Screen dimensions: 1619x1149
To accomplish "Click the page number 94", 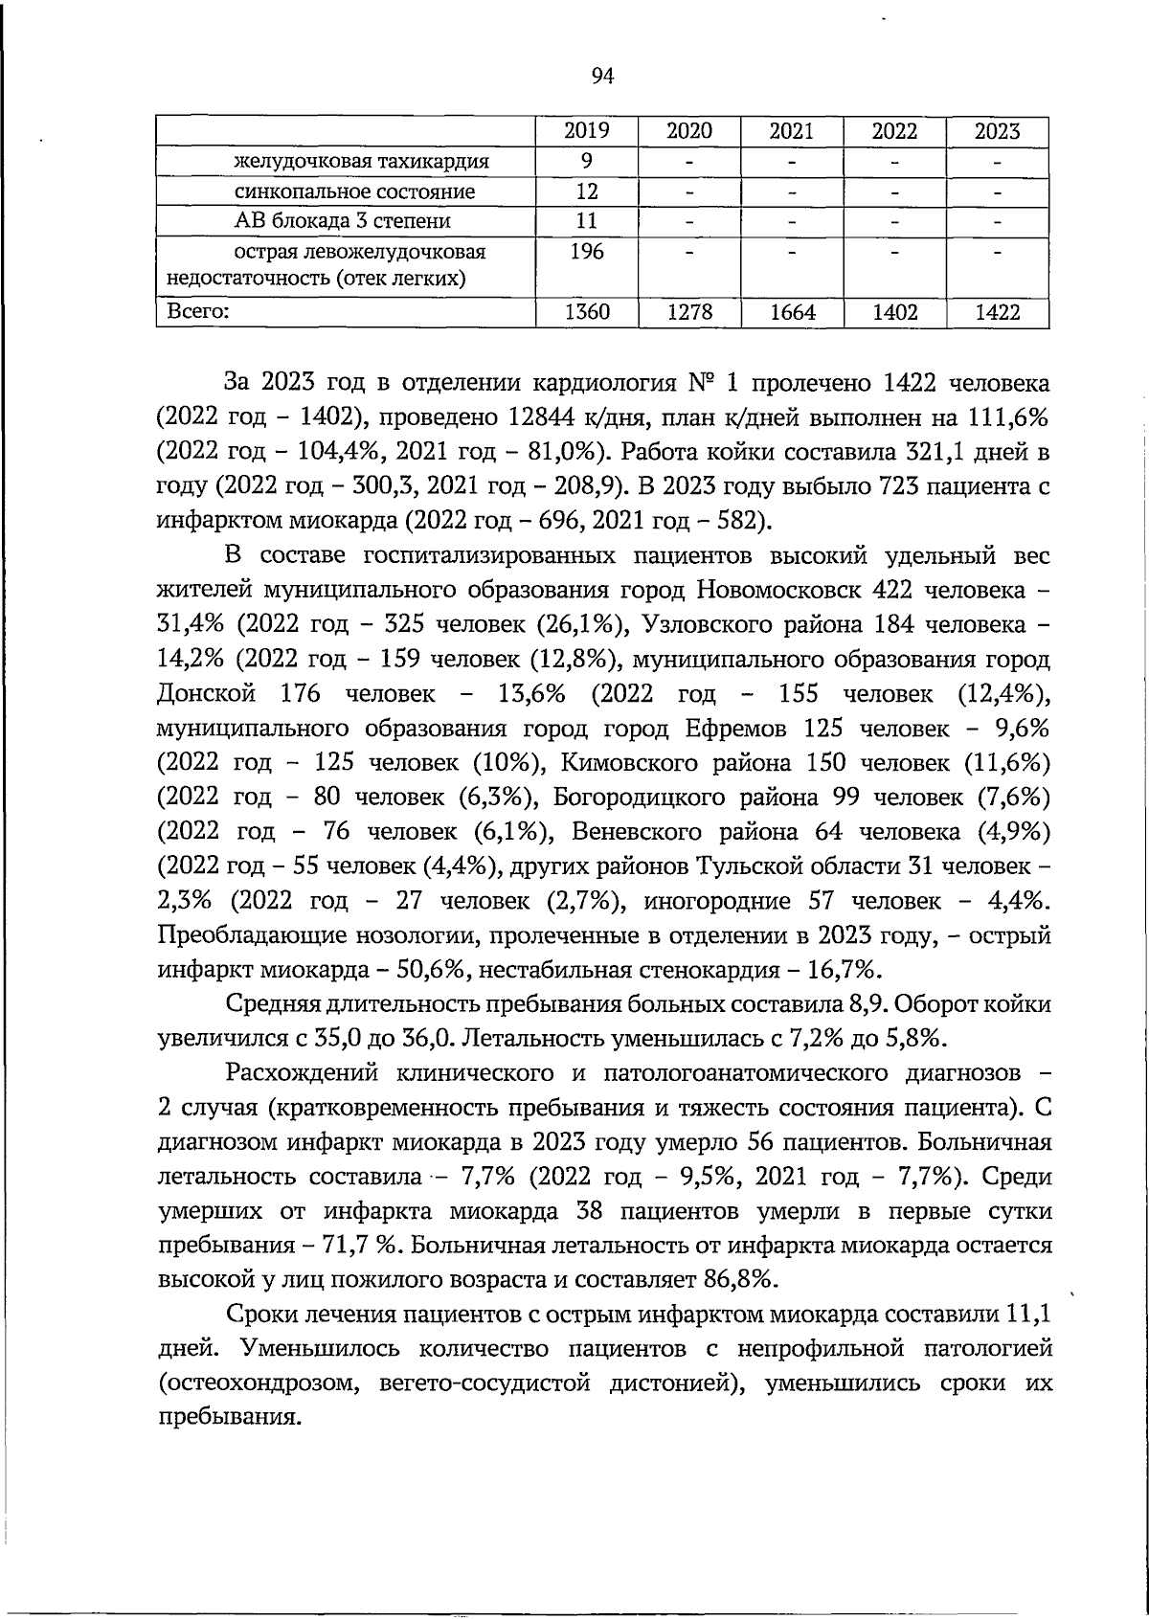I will tap(602, 78).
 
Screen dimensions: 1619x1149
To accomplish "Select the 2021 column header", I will tap(791, 132).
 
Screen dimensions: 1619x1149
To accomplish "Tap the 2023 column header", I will tap(997, 132).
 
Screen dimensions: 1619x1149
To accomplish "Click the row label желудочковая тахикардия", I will tap(362, 162).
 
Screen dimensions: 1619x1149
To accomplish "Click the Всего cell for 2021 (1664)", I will tap(791, 312).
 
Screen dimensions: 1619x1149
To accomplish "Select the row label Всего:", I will tap(198, 311).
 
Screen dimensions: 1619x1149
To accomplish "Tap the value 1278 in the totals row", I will tap(688, 312).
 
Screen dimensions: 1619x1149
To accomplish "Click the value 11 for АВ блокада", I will tap(586, 221).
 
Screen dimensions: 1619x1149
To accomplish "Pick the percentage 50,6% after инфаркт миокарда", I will tap(432, 970).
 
